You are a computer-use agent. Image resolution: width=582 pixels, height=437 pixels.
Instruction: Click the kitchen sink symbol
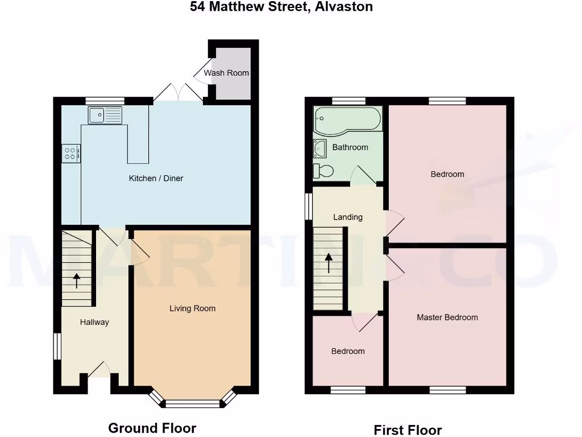click(x=105, y=115)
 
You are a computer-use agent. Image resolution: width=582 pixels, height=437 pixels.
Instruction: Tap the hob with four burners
click(x=71, y=153)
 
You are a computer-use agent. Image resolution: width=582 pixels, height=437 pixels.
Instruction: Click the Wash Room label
click(x=226, y=73)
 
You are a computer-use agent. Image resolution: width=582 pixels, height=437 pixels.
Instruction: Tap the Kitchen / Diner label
click(x=156, y=179)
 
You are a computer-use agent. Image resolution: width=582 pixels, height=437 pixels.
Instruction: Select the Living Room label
click(x=193, y=308)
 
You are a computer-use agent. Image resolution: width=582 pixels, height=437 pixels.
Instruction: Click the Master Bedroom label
click(x=447, y=318)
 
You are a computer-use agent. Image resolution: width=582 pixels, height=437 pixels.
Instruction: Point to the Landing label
click(x=348, y=217)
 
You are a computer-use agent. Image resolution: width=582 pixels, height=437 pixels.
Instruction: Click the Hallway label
click(x=94, y=322)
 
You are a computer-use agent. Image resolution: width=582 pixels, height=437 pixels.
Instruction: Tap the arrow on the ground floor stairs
click(x=77, y=280)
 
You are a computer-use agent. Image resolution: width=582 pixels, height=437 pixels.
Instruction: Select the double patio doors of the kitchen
click(x=178, y=94)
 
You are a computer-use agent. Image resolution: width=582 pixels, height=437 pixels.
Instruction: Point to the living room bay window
click(x=192, y=403)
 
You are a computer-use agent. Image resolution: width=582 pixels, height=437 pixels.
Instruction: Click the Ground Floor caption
click(x=152, y=428)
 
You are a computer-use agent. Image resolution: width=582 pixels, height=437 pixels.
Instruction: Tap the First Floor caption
click(x=408, y=430)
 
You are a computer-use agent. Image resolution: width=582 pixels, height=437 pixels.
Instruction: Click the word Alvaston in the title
click(x=343, y=7)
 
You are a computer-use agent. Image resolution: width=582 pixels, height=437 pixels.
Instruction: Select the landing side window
click(x=309, y=207)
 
